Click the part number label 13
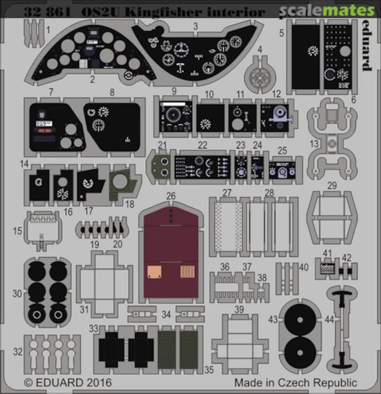coord(314,144)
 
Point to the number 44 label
coord(329,320)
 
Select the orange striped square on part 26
coord(188,272)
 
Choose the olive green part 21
coord(159,166)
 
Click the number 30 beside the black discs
coord(17,293)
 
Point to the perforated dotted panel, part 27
coord(228,227)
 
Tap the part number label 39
coord(239,310)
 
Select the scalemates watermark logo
coord(326,11)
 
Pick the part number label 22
coord(203,145)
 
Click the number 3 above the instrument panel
coord(196,26)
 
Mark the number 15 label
coord(17,231)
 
